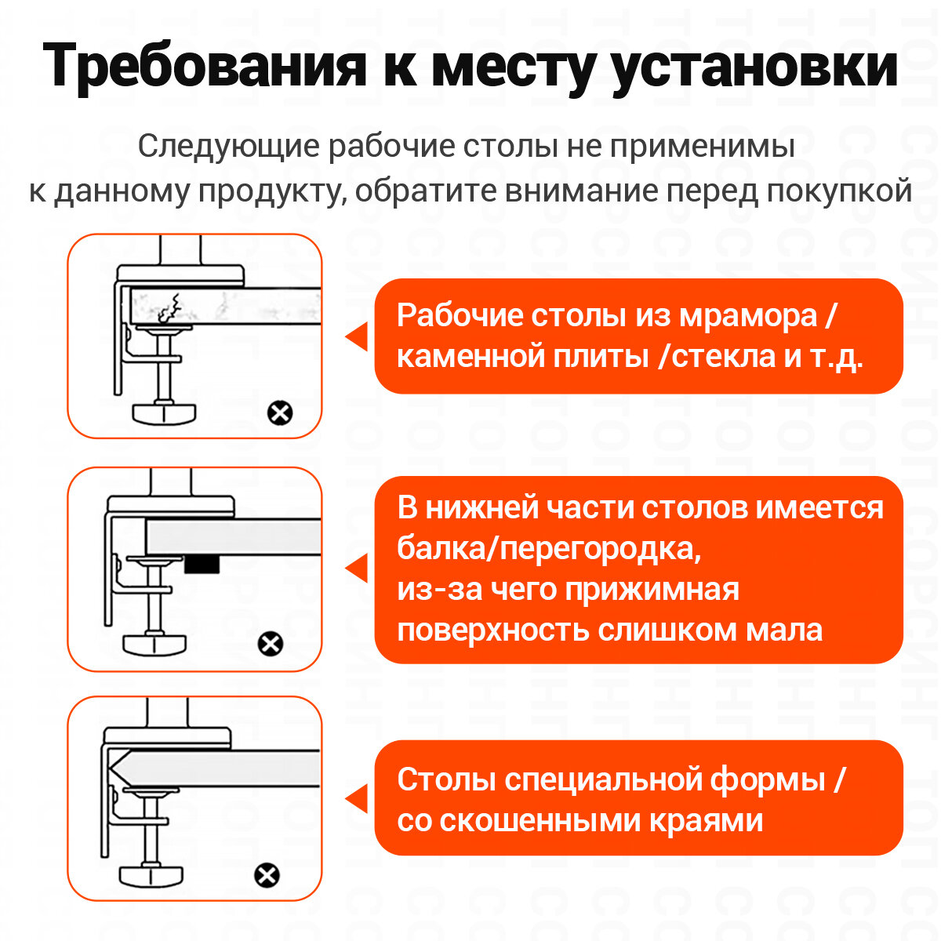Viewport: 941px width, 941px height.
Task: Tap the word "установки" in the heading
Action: [754, 67]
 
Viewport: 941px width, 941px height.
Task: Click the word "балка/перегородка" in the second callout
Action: [548, 548]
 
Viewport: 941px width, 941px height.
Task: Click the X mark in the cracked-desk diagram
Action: [280, 412]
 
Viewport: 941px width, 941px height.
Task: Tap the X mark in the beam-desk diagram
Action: [271, 644]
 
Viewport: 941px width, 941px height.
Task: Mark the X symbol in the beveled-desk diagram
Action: [267, 874]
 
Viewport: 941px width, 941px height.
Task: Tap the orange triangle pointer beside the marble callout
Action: [358, 337]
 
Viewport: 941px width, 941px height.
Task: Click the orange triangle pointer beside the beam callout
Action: [358, 569]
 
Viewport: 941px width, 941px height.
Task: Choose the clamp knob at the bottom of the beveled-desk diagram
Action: [153, 874]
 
